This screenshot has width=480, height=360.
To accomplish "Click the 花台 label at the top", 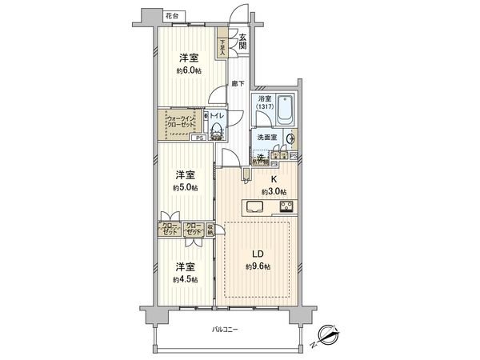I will pos(170,16).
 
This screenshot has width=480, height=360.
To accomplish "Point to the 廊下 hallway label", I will pos(237,83).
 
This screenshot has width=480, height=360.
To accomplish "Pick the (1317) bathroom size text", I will pos(265,107).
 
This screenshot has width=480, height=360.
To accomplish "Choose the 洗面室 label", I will pos(266,138).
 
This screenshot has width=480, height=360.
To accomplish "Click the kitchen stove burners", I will pos(286,208).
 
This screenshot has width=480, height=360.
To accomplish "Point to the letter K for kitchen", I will pos(273,181).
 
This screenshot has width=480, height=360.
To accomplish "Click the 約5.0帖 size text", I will pos(186,188).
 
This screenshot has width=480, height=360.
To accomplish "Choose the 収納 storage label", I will pos(210,227).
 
